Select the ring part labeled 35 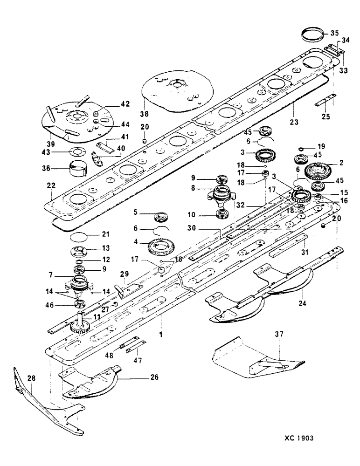click(311, 34)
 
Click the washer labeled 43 click(75, 152)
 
